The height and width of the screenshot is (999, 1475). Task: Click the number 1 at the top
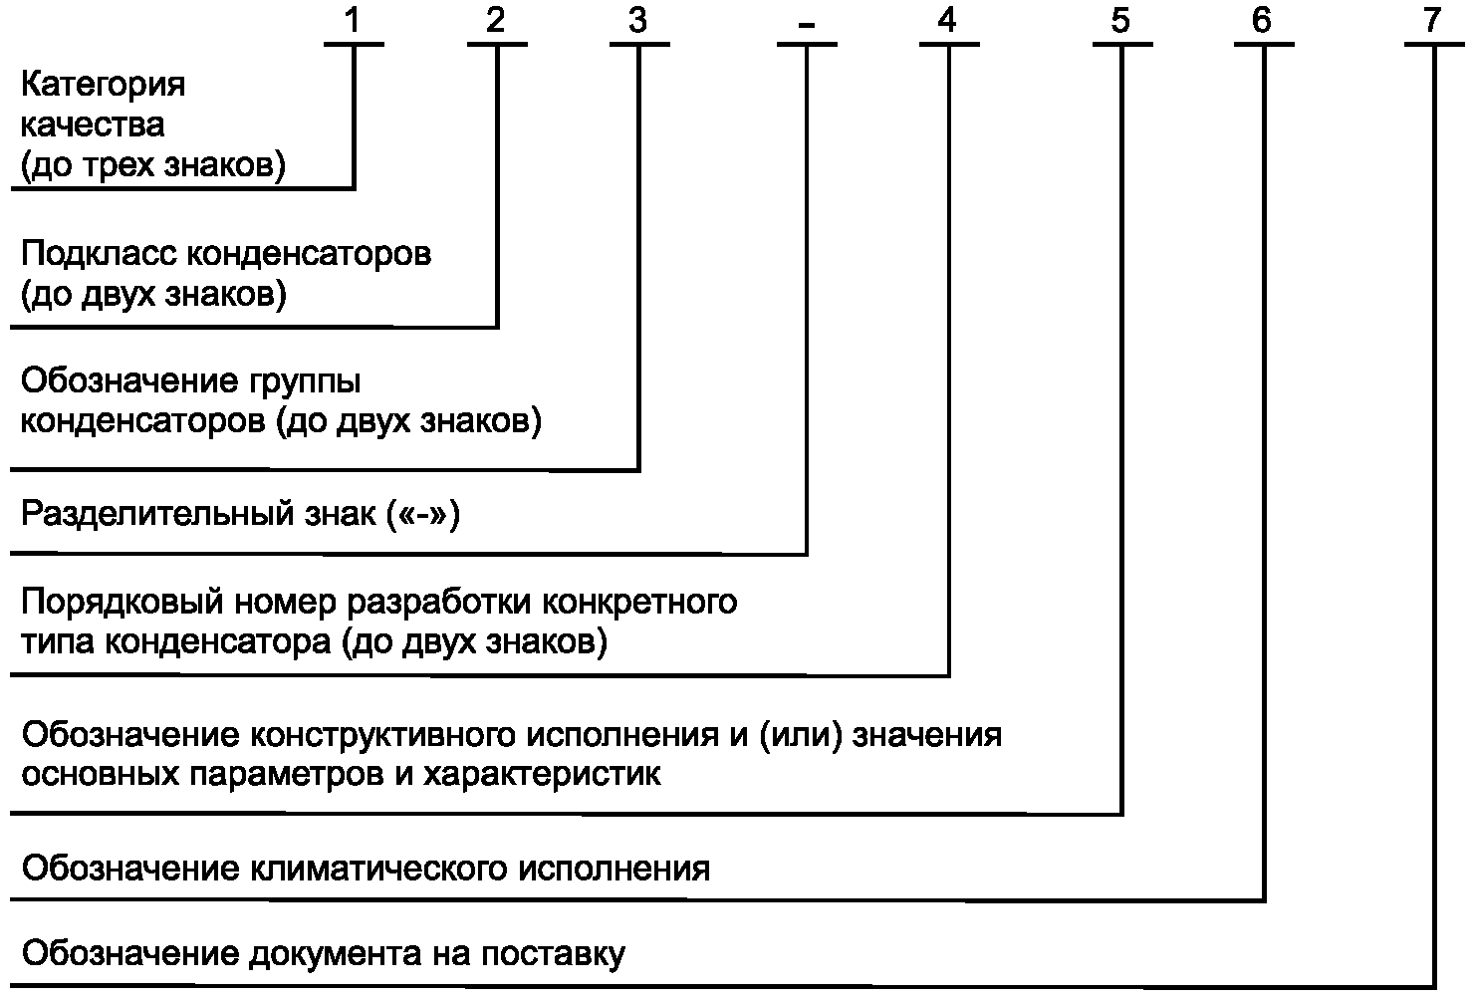[353, 20]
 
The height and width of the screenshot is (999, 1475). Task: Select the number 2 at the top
[496, 20]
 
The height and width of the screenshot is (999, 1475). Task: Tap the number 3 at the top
[637, 20]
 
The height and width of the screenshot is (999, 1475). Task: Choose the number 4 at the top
[947, 20]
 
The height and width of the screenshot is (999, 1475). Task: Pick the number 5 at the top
[1120, 20]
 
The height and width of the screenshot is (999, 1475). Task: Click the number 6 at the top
[1262, 20]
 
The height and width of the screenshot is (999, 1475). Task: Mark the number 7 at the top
[1432, 20]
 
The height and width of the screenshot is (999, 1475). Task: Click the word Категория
[104, 86]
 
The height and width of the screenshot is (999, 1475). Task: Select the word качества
[93, 125]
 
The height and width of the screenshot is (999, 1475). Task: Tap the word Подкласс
[99, 254]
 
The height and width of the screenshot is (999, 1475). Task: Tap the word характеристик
[542, 774]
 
